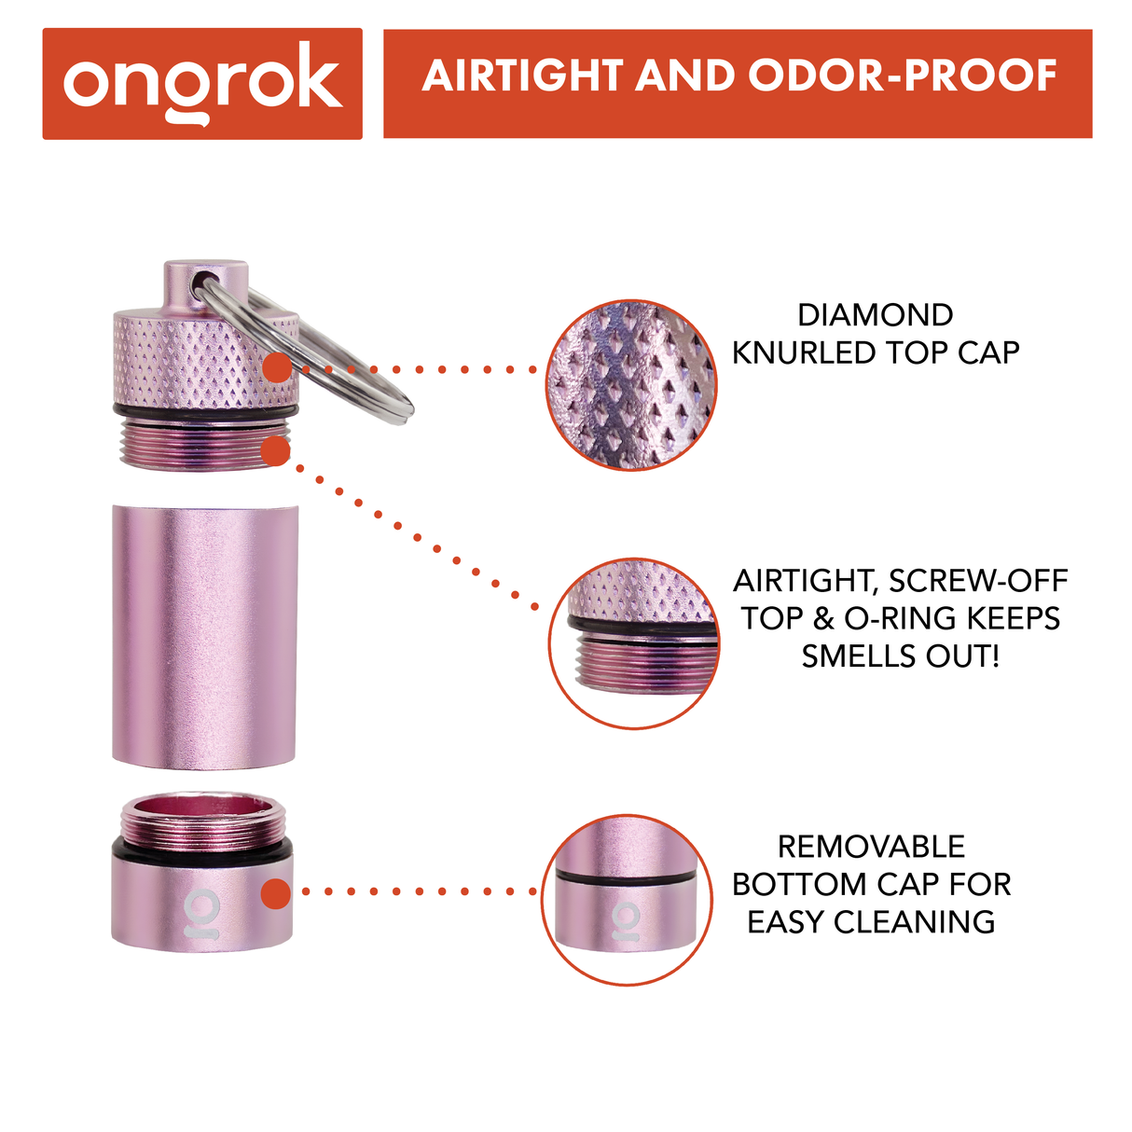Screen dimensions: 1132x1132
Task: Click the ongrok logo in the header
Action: pyautogui.click(x=202, y=83)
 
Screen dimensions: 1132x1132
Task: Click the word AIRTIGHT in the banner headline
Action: pyautogui.click(x=521, y=76)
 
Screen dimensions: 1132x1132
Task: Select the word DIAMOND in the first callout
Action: pyautogui.click(x=875, y=315)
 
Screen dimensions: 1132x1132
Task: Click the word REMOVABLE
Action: pyautogui.click(x=871, y=847)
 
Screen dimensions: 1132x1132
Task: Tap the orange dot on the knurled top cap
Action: pyautogui.click(x=276, y=367)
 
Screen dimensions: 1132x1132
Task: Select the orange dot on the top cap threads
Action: pyautogui.click(x=276, y=452)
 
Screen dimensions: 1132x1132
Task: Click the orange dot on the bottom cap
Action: pyautogui.click(x=276, y=892)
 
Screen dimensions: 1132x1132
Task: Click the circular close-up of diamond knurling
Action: pyautogui.click(x=631, y=385)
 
